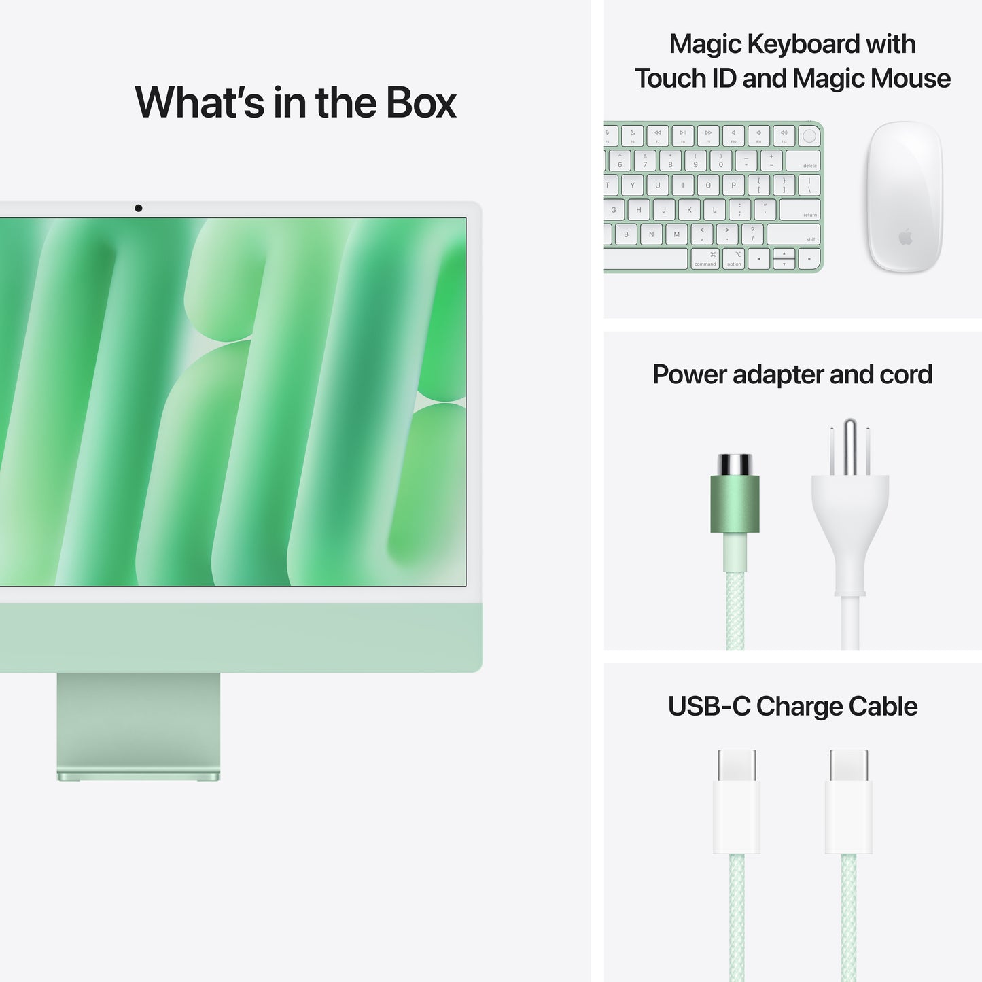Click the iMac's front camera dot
(x=139, y=208)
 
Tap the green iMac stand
(x=139, y=724)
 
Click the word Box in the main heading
(x=421, y=103)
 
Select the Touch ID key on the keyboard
(x=809, y=136)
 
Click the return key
(x=800, y=209)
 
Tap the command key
(x=705, y=259)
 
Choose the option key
(x=734, y=259)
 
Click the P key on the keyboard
(x=733, y=185)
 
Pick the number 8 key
(x=670, y=161)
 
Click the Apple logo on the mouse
(x=905, y=237)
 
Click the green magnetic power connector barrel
(x=735, y=504)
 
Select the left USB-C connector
(x=737, y=802)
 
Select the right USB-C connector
(x=849, y=802)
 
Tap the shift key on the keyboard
(x=794, y=234)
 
